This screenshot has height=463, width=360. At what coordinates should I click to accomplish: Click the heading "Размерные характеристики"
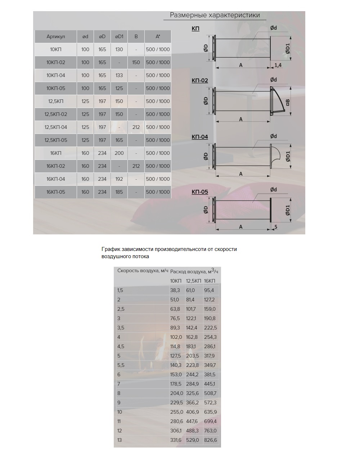coord(215,15)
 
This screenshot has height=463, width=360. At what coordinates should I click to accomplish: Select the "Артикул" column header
coord(56,36)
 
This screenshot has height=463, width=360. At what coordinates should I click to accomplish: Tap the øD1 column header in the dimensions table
coord(119,36)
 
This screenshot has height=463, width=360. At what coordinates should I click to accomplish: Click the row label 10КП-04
coord(56,75)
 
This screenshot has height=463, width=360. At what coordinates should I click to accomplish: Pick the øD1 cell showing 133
coord(119,75)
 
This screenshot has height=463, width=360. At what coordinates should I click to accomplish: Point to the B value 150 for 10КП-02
coord(136,62)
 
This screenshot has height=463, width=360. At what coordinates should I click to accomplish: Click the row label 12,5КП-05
coord(56,140)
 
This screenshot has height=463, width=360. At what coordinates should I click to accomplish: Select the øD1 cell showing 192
coord(119,179)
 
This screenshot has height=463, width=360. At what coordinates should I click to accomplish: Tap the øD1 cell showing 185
coord(119,192)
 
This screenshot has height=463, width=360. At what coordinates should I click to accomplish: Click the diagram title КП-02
coord(200,81)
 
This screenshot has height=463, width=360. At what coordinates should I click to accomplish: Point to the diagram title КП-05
coord(200,192)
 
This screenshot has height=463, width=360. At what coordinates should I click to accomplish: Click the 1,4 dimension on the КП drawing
coord(278,65)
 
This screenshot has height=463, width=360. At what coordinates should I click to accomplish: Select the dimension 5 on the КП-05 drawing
coord(276,227)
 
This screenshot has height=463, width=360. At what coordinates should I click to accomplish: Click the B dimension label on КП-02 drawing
coord(288,103)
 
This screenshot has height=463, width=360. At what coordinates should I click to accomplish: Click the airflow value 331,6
coord(176,440)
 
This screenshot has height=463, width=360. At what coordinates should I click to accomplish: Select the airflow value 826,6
coord(210,440)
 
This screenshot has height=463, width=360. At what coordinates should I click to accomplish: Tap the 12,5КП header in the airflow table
coord(193,281)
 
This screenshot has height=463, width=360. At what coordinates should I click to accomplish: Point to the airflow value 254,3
coord(210,337)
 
